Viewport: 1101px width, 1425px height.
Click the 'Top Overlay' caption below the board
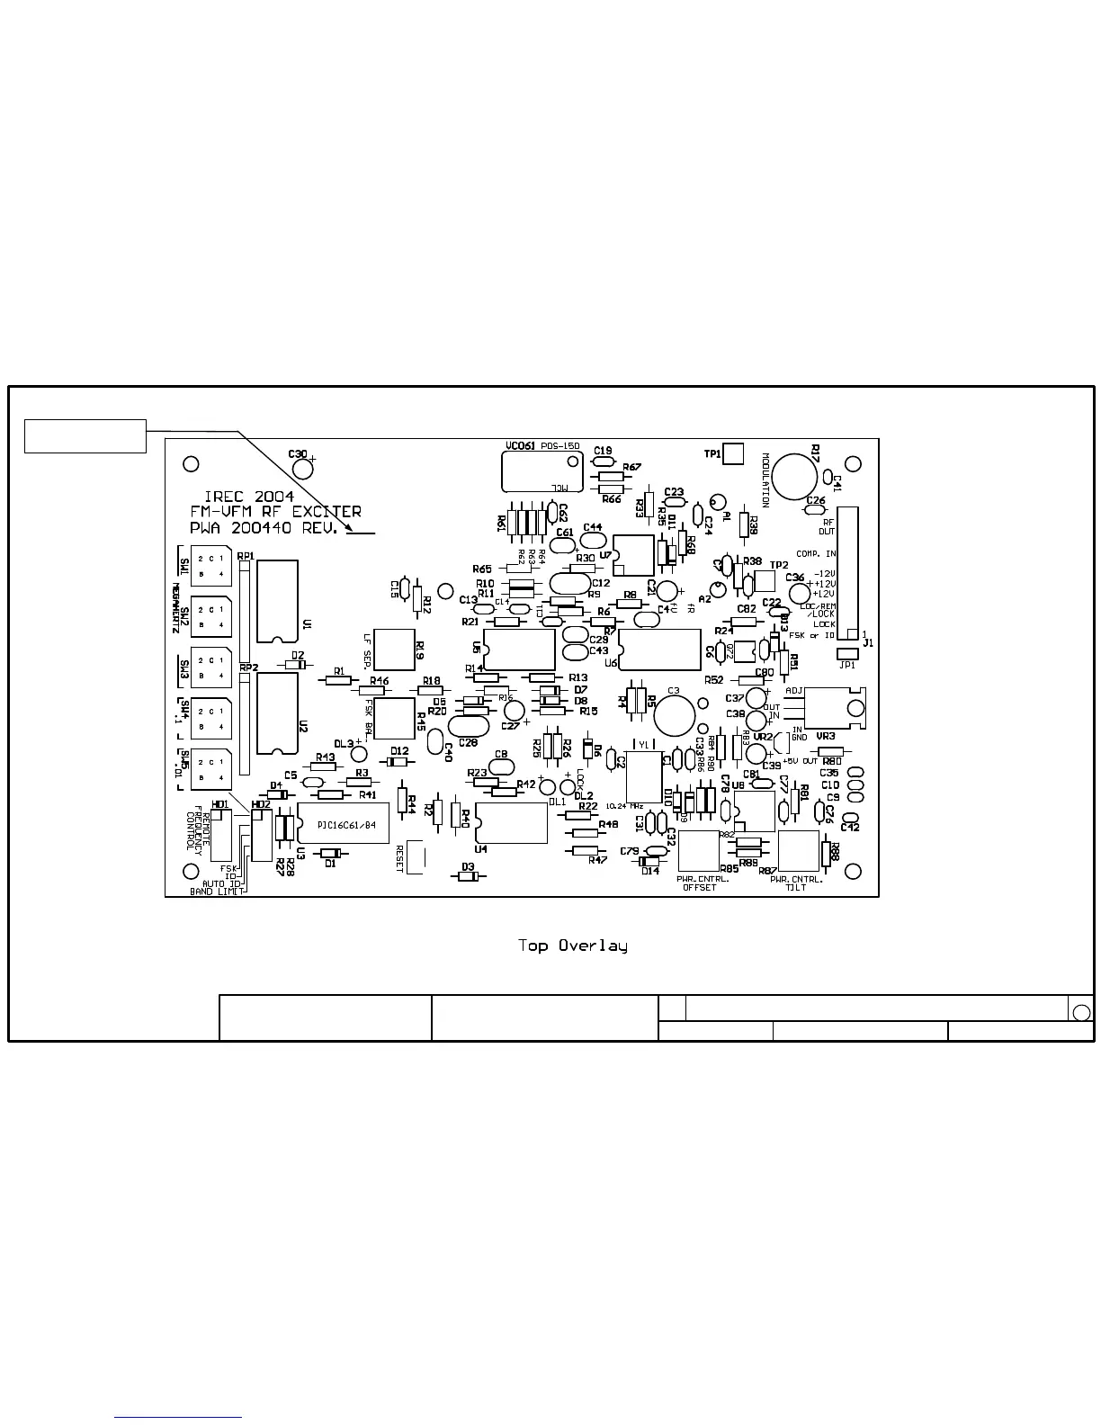pyautogui.click(x=572, y=946)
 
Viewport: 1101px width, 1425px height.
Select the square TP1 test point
pyautogui.click(x=734, y=454)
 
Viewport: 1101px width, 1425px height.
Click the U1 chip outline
pyautogui.click(x=277, y=601)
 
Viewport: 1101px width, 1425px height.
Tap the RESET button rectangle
pyautogui.click(x=416, y=856)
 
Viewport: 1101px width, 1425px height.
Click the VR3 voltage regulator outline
pyautogui.click(x=834, y=707)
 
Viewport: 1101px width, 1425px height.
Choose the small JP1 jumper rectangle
pyautogui.click(x=847, y=654)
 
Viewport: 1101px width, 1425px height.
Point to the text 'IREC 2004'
pyautogui.click(x=249, y=497)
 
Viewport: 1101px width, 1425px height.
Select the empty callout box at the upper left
pyautogui.click(x=85, y=436)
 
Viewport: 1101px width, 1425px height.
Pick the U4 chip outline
pyautogui.click(x=511, y=823)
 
